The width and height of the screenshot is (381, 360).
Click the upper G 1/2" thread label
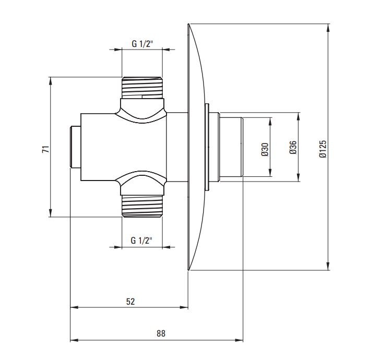(x=142, y=44)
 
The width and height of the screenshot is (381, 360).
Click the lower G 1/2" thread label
(x=141, y=241)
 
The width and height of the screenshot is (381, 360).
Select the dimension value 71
(x=46, y=149)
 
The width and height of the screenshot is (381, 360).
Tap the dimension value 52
(x=130, y=302)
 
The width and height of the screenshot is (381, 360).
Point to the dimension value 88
(x=161, y=333)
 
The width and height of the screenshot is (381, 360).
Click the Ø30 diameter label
(x=265, y=149)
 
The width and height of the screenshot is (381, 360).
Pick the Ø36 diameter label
(x=293, y=147)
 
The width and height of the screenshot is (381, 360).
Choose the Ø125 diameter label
(x=323, y=149)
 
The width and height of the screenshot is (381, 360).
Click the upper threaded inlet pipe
(x=142, y=88)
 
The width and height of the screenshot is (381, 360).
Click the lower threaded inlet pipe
(x=142, y=206)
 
